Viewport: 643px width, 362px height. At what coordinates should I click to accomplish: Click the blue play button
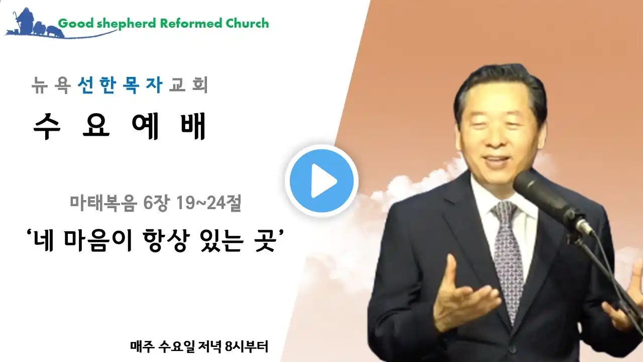click(x=321, y=180)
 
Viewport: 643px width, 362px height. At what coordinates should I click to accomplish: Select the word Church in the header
click(x=247, y=23)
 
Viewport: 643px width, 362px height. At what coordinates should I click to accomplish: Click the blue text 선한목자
click(x=120, y=85)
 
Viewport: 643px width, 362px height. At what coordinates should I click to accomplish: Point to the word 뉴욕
click(x=51, y=85)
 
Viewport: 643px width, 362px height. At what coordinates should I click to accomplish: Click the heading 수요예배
click(x=120, y=126)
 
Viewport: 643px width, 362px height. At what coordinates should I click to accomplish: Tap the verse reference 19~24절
click(x=208, y=203)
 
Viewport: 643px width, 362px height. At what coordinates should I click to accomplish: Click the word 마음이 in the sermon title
click(x=98, y=241)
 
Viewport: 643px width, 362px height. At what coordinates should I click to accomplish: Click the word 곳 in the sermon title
click(x=265, y=241)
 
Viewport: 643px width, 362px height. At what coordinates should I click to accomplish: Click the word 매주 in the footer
click(x=143, y=347)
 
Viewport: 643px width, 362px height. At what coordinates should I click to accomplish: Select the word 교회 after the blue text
click(x=188, y=85)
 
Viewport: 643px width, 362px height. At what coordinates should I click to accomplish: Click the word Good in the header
click(x=76, y=23)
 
